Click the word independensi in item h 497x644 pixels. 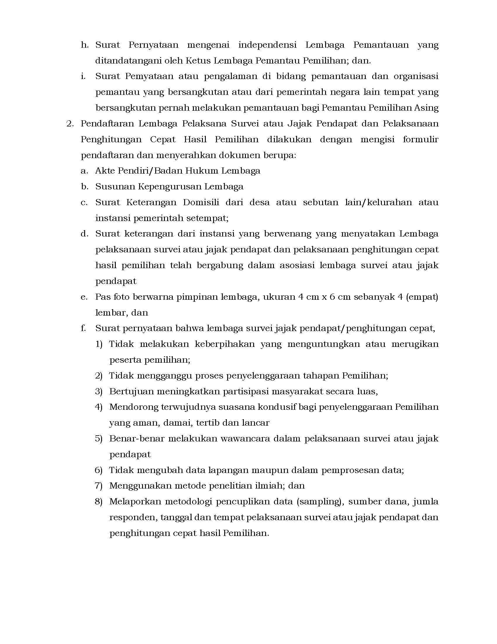point(267,45)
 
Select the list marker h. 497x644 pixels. point(84,45)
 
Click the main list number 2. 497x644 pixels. point(70,124)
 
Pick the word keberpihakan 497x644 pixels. point(225,344)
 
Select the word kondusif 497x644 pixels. point(277,407)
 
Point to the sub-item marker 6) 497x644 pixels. point(98,470)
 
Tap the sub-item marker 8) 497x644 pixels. point(98,501)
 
